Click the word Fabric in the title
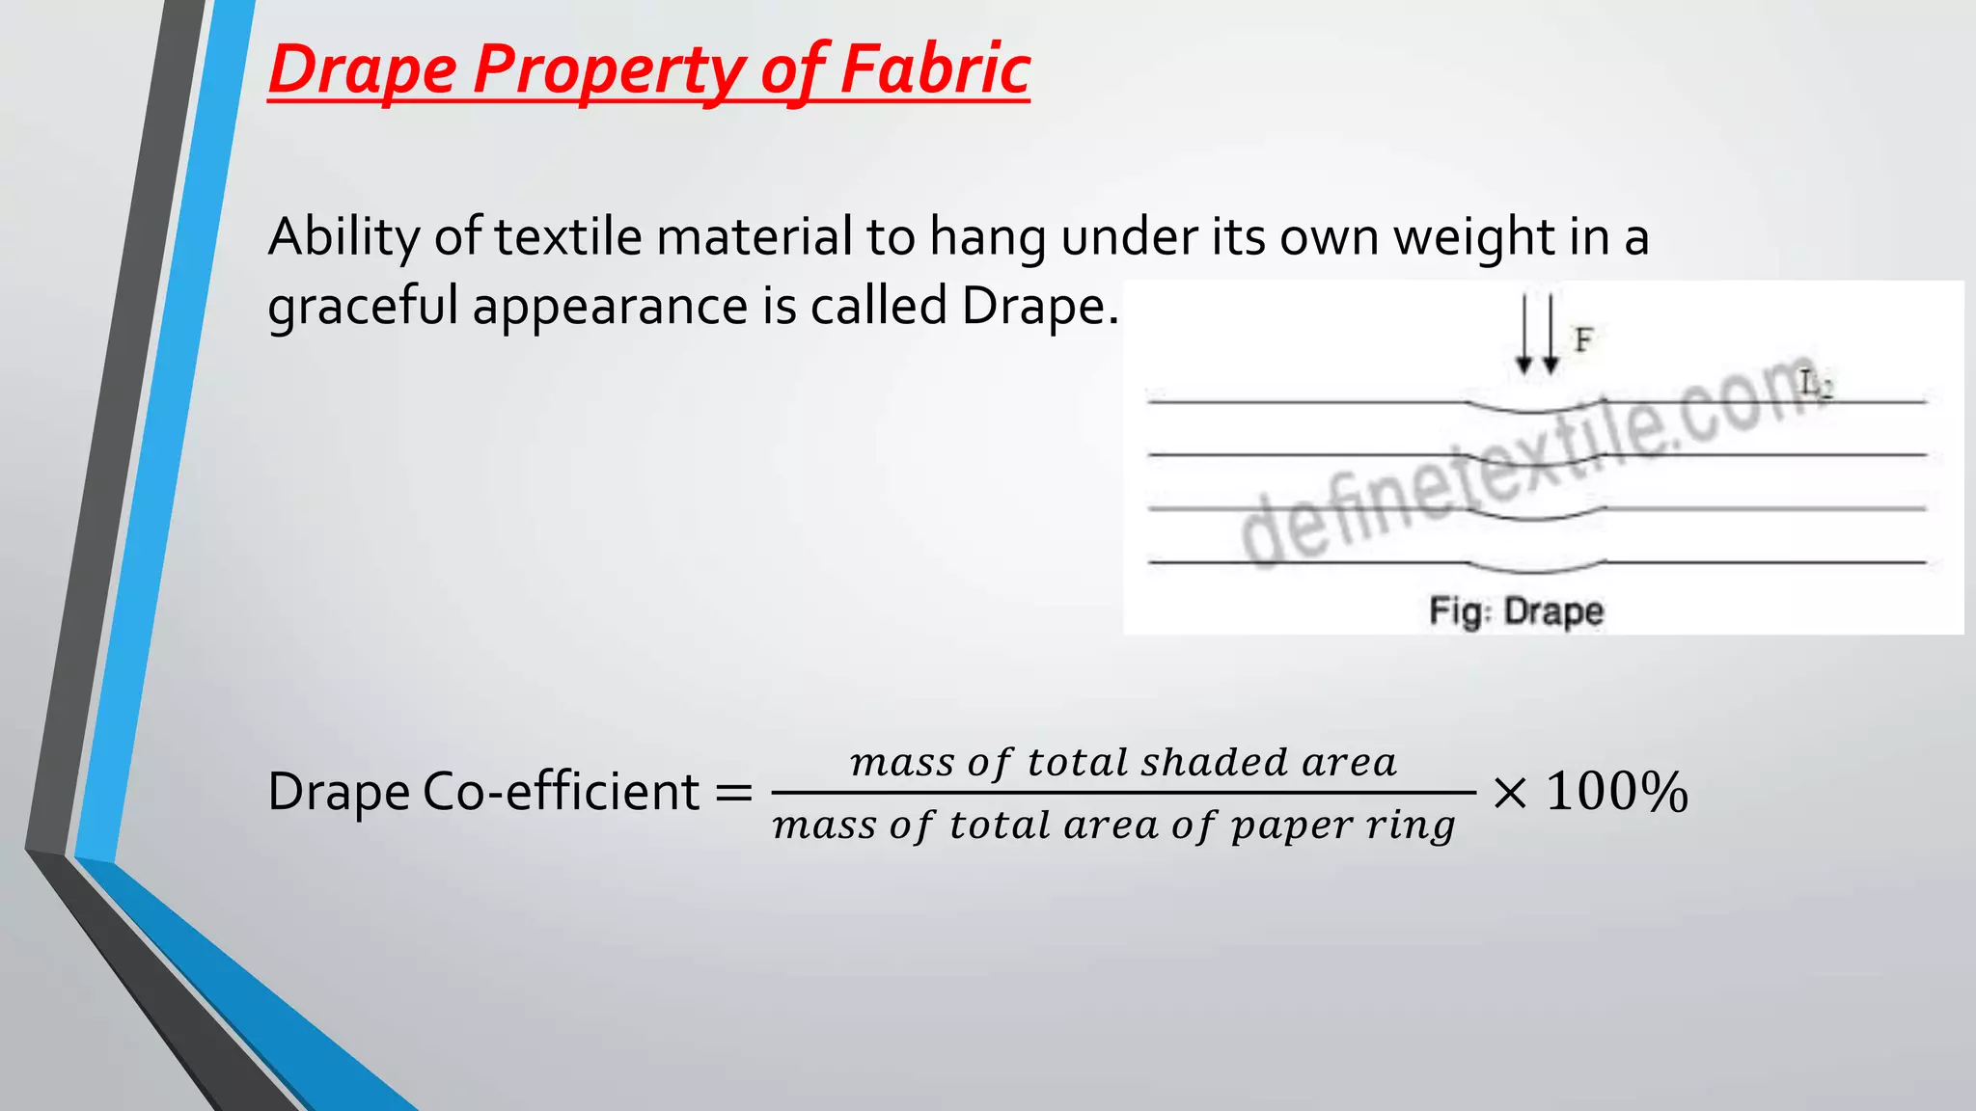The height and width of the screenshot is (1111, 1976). tap(934, 69)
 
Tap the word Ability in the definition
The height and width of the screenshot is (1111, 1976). tap(343, 237)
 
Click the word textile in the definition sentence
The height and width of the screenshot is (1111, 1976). tap(567, 236)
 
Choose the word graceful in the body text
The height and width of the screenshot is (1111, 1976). tap(362, 308)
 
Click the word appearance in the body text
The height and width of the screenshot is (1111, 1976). tap(610, 308)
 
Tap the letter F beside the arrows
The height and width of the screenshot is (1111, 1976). tap(1583, 339)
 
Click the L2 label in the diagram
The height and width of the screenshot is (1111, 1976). tap(1816, 385)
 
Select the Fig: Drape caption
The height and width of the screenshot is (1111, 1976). tap(1516, 611)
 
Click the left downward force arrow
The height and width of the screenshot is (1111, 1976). tap(1523, 334)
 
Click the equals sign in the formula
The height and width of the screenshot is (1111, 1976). tap(733, 794)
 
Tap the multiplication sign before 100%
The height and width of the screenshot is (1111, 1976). tap(1509, 793)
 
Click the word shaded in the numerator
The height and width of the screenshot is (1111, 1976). tap(1215, 763)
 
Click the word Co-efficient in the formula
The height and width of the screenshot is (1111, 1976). tap(561, 792)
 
